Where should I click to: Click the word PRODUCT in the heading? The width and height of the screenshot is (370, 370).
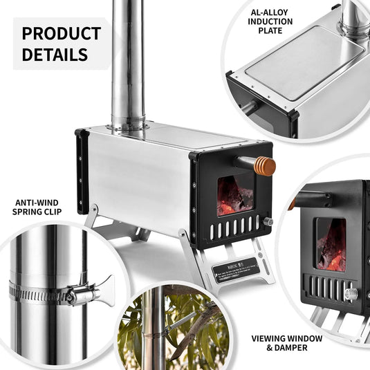[x=61, y=33]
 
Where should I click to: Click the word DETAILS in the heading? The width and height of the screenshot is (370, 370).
[x=55, y=55]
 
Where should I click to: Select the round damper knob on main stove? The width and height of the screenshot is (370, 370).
[x=268, y=222]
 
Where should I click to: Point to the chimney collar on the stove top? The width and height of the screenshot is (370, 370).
[x=129, y=124]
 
